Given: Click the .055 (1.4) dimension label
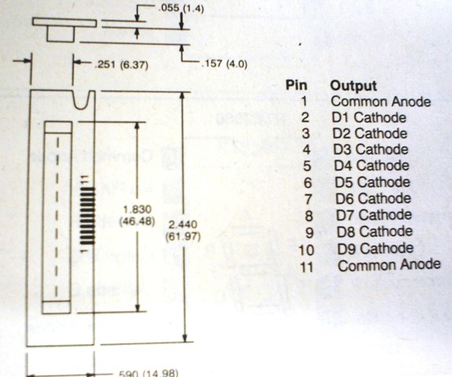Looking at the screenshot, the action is click(x=181, y=8).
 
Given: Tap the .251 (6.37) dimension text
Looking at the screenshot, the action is click(x=121, y=65).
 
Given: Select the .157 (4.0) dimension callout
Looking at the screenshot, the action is click(x=224, y=64).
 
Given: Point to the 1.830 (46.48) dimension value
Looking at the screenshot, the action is click(x=137, y=215).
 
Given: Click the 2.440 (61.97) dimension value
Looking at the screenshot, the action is click(x=183, y=230).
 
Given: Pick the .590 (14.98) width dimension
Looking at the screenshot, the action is click(x=148, y=373).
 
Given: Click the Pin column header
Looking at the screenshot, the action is click(x=296, y=86).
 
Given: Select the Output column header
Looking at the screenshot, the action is click(x=354, y=86).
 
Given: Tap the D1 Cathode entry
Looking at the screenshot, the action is click(x=369, y=118).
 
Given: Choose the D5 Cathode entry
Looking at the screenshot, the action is click(x=372, y=182).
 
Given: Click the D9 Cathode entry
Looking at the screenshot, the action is click(x=375, y=248).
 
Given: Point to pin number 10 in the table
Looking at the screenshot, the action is click(x=306, y=250).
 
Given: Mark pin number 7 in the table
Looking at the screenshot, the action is click(x=308, y=199).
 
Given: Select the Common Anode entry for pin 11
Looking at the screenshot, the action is click(x=389, y=265).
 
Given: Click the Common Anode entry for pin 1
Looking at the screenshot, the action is click(x=380, y=101).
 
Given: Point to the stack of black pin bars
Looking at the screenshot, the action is click(x=87, y=215).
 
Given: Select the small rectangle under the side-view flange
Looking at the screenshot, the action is click(x=61, y=34).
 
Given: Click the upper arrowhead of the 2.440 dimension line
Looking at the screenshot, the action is click(x=182, y=96).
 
